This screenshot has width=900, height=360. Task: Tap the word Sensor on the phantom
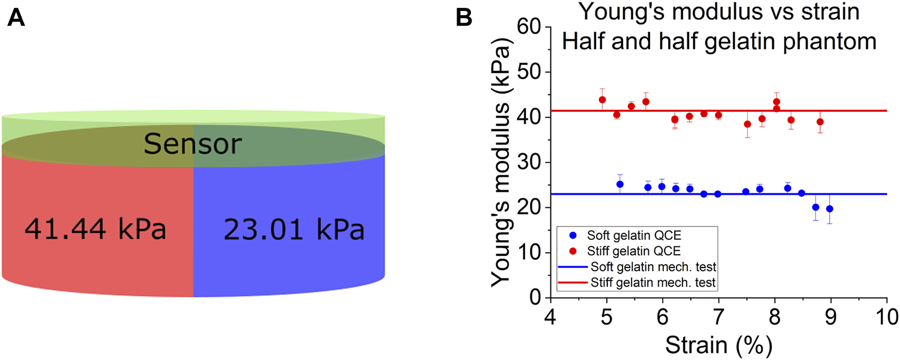click(x=193, y=144)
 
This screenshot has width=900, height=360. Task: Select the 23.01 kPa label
click(x=294, y=230)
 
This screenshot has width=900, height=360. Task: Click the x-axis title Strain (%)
click(x=718, y=345)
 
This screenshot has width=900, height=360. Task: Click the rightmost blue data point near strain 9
click(x=830, y=209)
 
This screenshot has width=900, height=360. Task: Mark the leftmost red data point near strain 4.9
click(x=602, y=100)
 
